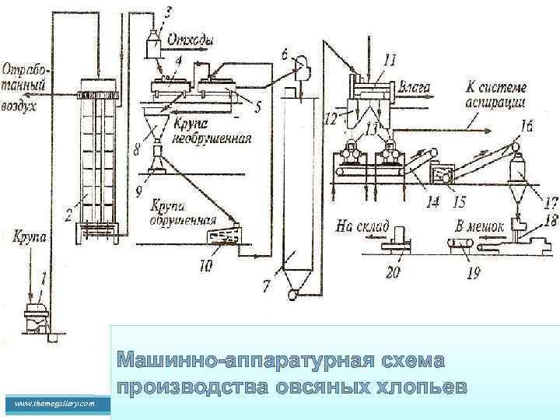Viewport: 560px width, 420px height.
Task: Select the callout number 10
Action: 205,266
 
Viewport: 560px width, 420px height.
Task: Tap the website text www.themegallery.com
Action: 54,404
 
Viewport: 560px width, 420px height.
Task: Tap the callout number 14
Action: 432,201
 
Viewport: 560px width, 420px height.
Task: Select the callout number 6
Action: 284,53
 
